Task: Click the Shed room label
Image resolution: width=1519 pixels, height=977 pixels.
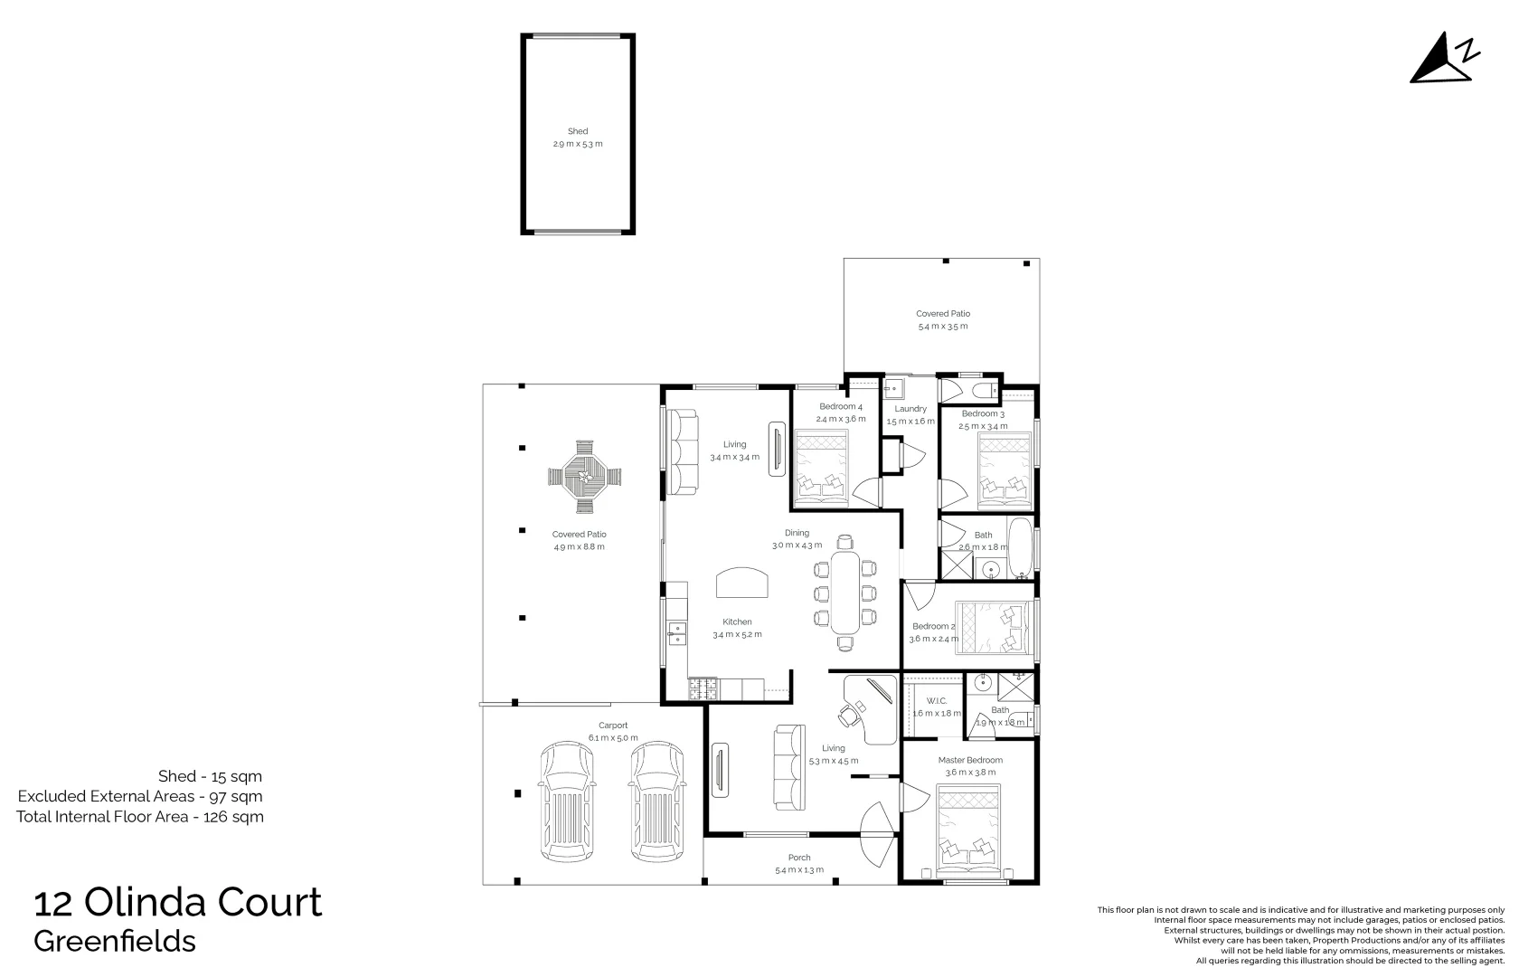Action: pos(578,131)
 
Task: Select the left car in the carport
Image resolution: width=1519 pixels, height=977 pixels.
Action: pos(567,802)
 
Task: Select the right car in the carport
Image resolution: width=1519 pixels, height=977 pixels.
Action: pos(657,802)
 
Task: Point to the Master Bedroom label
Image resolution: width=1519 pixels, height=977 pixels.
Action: pos(970,760)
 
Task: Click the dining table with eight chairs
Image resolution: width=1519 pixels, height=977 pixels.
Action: pos(845,593)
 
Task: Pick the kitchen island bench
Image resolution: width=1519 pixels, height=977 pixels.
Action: pos(742,583)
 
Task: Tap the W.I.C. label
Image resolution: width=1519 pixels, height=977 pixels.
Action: pos(936,701)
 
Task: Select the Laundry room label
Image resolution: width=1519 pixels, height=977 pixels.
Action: pos(910,409)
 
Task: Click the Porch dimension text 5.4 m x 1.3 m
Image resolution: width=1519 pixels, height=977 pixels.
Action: pos(799,870)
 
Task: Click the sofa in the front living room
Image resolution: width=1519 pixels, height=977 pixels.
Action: pos(788,767)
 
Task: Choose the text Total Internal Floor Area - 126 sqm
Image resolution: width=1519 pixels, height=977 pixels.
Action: pos(140,817)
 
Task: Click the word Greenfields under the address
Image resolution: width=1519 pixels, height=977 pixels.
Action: pos(115,942)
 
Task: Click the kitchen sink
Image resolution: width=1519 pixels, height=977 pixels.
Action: pos(676,631)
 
